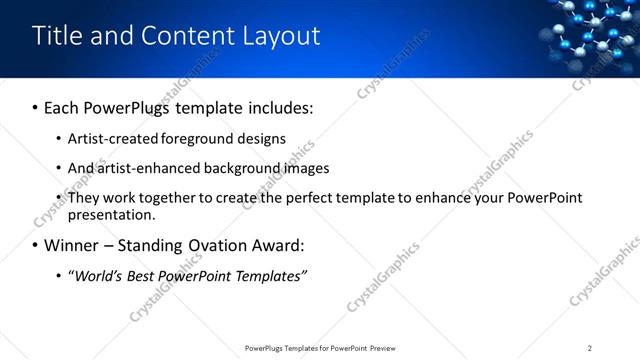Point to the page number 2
tap(590, 348)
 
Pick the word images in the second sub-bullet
tap(308, 168)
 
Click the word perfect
tap(304, 198)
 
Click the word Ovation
tap(201, 245)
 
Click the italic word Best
tap(146, 275)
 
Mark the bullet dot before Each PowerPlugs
tap(36, 106)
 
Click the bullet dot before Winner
tap(36, 245)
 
